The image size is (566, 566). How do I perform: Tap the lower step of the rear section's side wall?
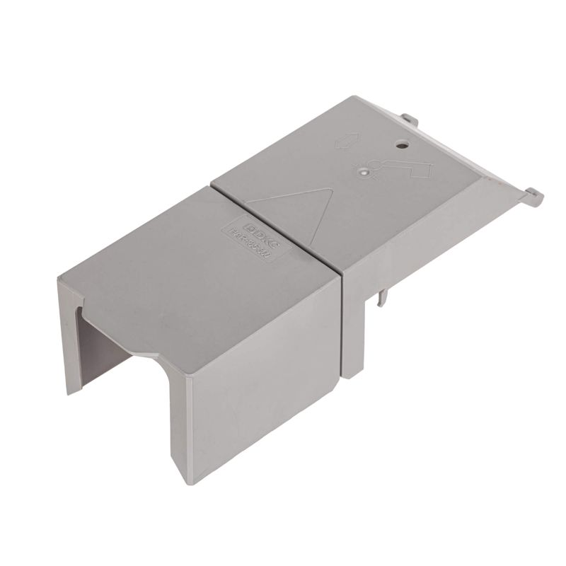[x=354, y=340]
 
